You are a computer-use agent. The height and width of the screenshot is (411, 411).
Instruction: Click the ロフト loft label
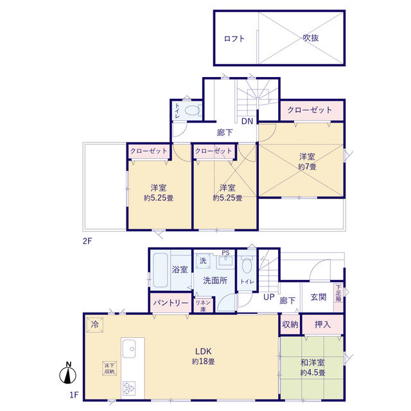pyautogui.click(x=234, y=39)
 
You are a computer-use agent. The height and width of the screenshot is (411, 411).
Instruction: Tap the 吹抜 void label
pyautogui.click(x=311, y=38)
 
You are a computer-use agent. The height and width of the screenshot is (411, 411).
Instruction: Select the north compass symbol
pyautogui.click(x=68, y=373)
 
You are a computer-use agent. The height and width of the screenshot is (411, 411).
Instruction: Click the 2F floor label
pyautogui.click(x=87, y=241)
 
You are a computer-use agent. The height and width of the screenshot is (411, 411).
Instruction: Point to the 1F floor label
pyautogui.click(x=74, y=395)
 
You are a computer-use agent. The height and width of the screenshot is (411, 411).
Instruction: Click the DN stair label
pyautogui.click(x=247, y=121)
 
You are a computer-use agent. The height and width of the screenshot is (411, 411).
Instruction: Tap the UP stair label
pyautogui.click(x=268, y=297)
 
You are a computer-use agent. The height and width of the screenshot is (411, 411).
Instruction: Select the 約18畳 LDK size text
pyautogui.click(x=203, y=362)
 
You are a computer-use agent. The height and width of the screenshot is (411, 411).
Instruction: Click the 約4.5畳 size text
pyautogui.click(x=313, y=372)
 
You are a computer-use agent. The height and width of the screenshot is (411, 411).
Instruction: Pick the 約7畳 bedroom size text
pyautogui.click(x=307, y=166)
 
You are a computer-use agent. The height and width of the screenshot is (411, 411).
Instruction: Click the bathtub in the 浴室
pyautogui.click(x=160, y=270)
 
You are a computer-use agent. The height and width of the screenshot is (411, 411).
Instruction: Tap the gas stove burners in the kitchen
pyautogui.click(x=129, y=388)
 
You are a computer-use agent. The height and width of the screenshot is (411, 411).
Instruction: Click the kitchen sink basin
pyautogui.click(x=129, y=349)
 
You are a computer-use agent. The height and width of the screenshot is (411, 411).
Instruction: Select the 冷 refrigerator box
pyautogui.click(x=94, y=325)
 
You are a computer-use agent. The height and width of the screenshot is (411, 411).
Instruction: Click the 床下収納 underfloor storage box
pyautogui.click(x=109, y=368)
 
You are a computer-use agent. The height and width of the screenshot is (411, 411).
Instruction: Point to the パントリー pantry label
pyautogui.click(x=171, y=303)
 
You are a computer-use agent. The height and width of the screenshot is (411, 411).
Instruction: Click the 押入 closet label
pyautogui.click(x=322, y=324)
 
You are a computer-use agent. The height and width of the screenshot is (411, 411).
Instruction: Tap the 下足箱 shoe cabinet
pyautogui.click(x=338, y=298)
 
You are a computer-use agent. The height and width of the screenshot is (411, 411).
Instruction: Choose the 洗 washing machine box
pyautogui.click(x=203, y=261)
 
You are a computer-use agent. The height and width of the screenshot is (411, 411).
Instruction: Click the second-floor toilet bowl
pyautogui.click(x=192, y=110)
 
